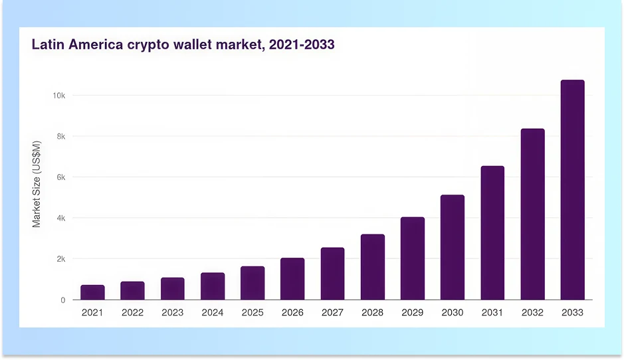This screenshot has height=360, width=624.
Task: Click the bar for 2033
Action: pos(572,190)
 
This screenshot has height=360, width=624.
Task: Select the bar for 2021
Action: pos(92,292)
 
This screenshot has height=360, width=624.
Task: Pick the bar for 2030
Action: pos(453,247)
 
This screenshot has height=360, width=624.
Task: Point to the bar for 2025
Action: pos(253,283)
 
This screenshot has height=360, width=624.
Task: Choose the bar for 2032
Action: pos(532,214)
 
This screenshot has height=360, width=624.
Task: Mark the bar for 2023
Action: pos(172,288)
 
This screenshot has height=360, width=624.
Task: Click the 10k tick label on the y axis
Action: pos(58,96)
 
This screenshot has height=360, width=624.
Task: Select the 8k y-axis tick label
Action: pos(60,136)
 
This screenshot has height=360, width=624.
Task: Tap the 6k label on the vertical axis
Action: pos(60,177)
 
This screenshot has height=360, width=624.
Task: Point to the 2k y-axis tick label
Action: pos(60,259)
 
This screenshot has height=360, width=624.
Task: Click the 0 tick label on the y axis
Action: pos(63,300)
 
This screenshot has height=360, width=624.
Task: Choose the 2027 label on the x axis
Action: pos(332,312)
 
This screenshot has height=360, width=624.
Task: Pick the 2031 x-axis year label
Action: pos(492,312)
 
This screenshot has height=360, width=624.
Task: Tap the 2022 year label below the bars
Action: pos(132,312)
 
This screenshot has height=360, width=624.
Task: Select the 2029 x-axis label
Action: pos(412,312)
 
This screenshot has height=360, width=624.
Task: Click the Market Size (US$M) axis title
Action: pos(37,184)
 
